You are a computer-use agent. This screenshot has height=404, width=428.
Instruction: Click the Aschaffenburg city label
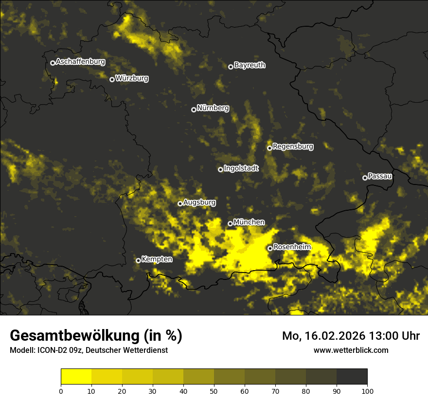coord(80,62)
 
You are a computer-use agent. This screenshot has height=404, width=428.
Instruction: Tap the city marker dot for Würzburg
coord(112,79)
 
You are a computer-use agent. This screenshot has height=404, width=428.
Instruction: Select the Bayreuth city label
coord(250,65)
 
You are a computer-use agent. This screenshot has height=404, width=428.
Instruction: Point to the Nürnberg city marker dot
coord(194,110)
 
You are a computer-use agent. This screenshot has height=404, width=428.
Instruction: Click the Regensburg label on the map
coord(293,146)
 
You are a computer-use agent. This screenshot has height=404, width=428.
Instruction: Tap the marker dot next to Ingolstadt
coord(220,169)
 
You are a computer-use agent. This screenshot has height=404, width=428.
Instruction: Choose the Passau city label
coord(380,176)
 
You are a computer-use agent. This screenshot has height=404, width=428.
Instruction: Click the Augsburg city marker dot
coord(180,203)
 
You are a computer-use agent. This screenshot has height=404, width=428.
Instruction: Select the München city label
coord(249,222)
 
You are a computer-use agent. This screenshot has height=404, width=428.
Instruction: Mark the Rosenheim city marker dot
coord(270,248)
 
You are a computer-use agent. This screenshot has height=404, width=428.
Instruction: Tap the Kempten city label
coord(157,259)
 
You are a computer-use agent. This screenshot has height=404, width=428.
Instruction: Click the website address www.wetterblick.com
coord(351,350)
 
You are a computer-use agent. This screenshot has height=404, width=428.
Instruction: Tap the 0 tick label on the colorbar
coord(61,390)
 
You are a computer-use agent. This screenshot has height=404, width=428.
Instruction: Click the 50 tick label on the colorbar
coord(214,390)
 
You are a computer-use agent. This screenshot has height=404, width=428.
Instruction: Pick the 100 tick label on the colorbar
coord(367,390)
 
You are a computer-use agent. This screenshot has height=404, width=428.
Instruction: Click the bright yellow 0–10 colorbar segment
coord(76,377)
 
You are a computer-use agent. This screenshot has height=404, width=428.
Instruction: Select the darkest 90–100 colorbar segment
coord(352,377)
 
